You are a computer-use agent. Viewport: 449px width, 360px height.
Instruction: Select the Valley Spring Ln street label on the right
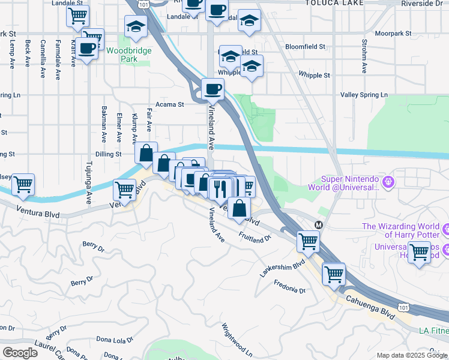click(x=364, y=95)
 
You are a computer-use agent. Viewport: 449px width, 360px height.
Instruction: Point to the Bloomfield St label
click(x=305, y=46)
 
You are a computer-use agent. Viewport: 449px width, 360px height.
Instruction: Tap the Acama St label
click(x=170, y=104)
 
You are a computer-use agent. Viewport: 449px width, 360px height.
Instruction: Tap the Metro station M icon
click(x=319, y=224)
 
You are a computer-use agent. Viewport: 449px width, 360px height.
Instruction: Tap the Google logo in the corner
click(x=20, y=352)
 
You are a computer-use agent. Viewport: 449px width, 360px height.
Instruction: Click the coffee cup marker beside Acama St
click(x=212, y=90)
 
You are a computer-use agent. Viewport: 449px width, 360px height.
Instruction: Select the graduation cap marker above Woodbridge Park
click(x=136, y=26)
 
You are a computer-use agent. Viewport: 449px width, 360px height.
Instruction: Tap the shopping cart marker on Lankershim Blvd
click(x=308, y=242)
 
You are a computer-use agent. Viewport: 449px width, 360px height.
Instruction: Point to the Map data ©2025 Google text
click(x=412, y=355)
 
